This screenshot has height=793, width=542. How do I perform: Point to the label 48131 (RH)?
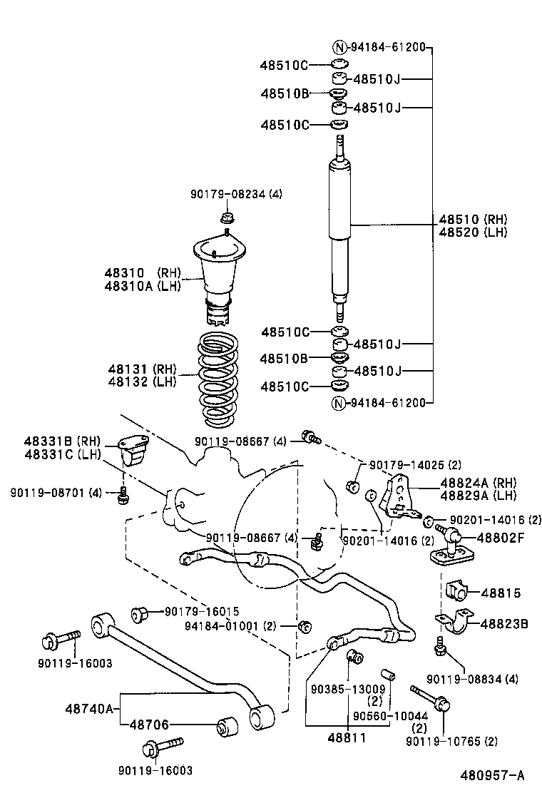[x=142, y=369]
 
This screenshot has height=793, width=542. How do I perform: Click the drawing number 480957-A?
[x=492, y=775]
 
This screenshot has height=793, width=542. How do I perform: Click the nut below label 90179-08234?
[x=226, y=218]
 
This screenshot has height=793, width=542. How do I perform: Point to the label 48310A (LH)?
[x=143, y=285]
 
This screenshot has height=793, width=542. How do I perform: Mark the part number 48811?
[x=349, y=737]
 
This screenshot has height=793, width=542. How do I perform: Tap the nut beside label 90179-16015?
[x=140, y=613]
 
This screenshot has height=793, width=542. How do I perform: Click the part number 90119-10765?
[x=451, y=742]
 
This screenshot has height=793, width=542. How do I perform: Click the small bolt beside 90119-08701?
[x=123, y=493]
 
